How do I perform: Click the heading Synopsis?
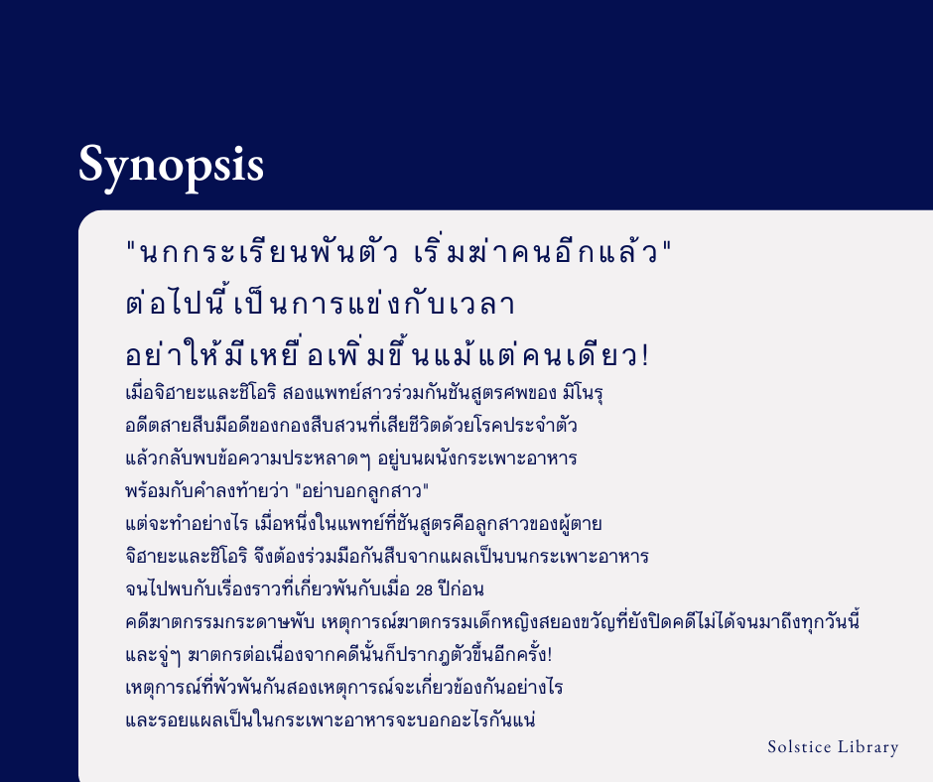(171, 165)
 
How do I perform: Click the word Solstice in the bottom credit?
(800, 747)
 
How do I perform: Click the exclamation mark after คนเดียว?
(657, 355)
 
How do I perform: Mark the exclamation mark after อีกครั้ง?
(577, 654)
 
